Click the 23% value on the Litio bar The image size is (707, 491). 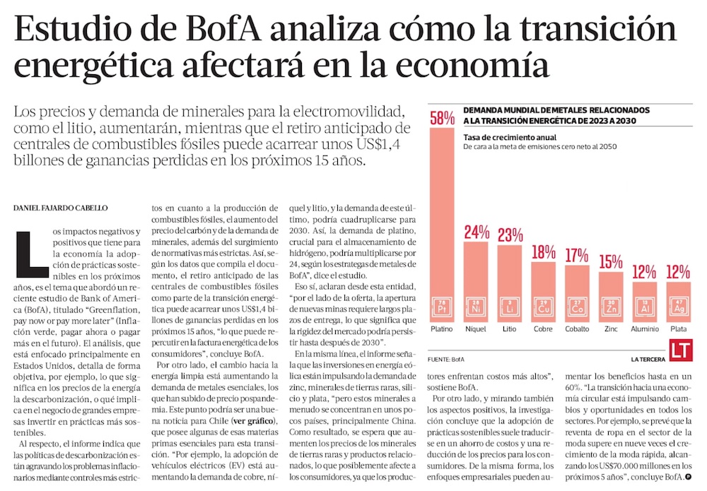(x=510, y=235)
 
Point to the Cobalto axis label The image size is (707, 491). (x=577, y=330)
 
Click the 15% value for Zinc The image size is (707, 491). (x=610, y=261)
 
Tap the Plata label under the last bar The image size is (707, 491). (x=678, y=330)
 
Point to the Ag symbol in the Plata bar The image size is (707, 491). (x=678, y=309)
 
